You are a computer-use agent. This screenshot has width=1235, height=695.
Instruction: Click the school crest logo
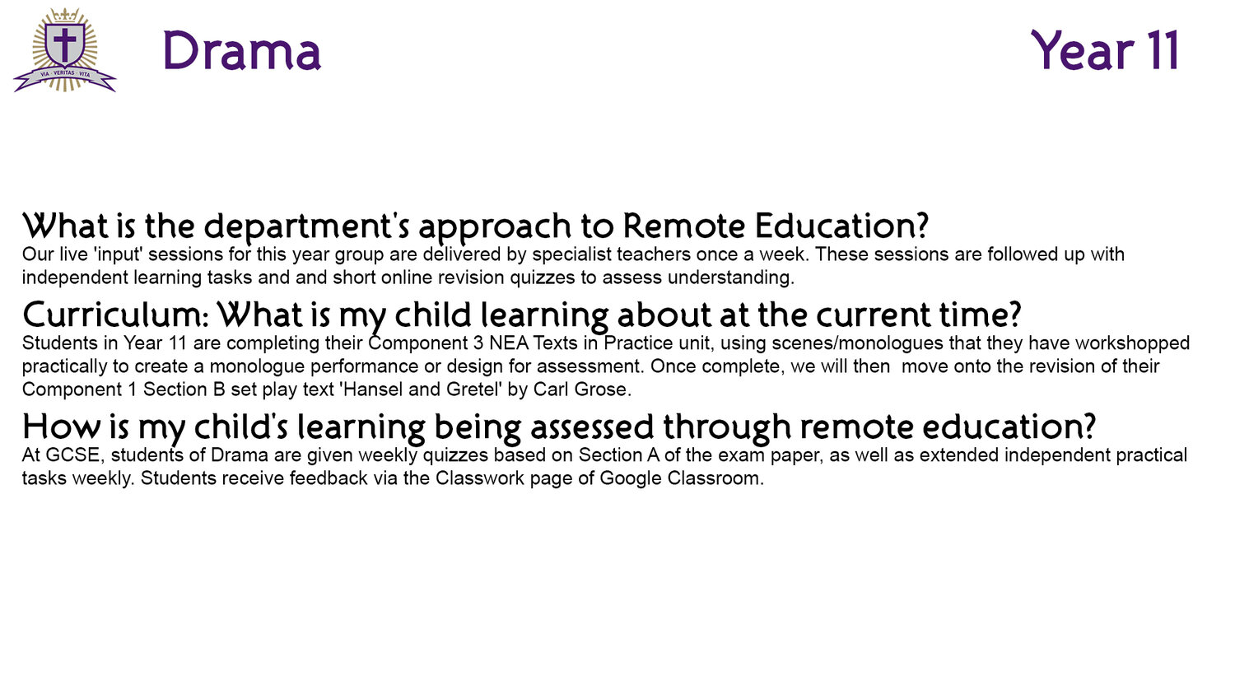64,49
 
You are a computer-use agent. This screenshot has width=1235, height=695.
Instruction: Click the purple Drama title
241,51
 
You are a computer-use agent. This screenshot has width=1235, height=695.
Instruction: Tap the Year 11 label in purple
1104,50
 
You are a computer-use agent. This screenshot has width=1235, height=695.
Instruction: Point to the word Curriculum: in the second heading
115,315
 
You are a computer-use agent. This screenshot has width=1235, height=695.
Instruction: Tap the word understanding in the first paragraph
731,278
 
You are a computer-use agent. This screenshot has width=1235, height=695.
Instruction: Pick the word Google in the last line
631,478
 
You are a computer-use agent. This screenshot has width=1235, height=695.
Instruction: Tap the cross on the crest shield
64,44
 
